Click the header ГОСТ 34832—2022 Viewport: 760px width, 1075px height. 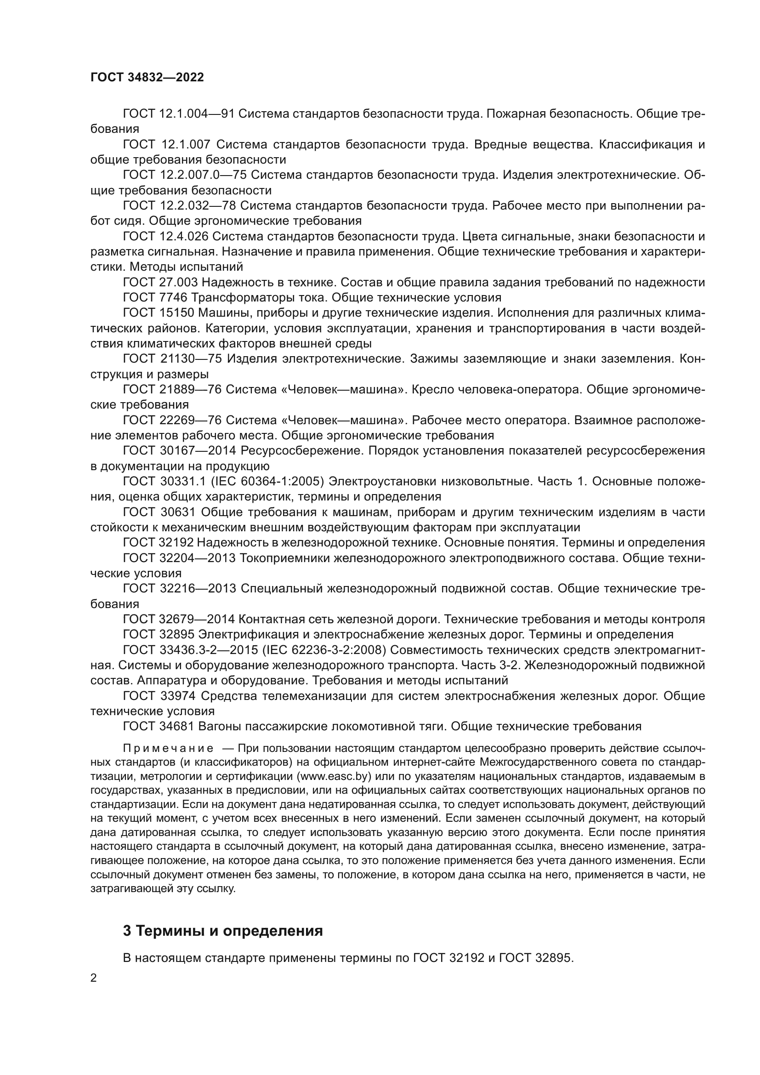[147, 78]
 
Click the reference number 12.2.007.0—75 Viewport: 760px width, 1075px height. [203, 175]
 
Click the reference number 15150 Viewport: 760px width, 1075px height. [176, 313]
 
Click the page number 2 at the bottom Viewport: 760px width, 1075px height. [94, 978]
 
